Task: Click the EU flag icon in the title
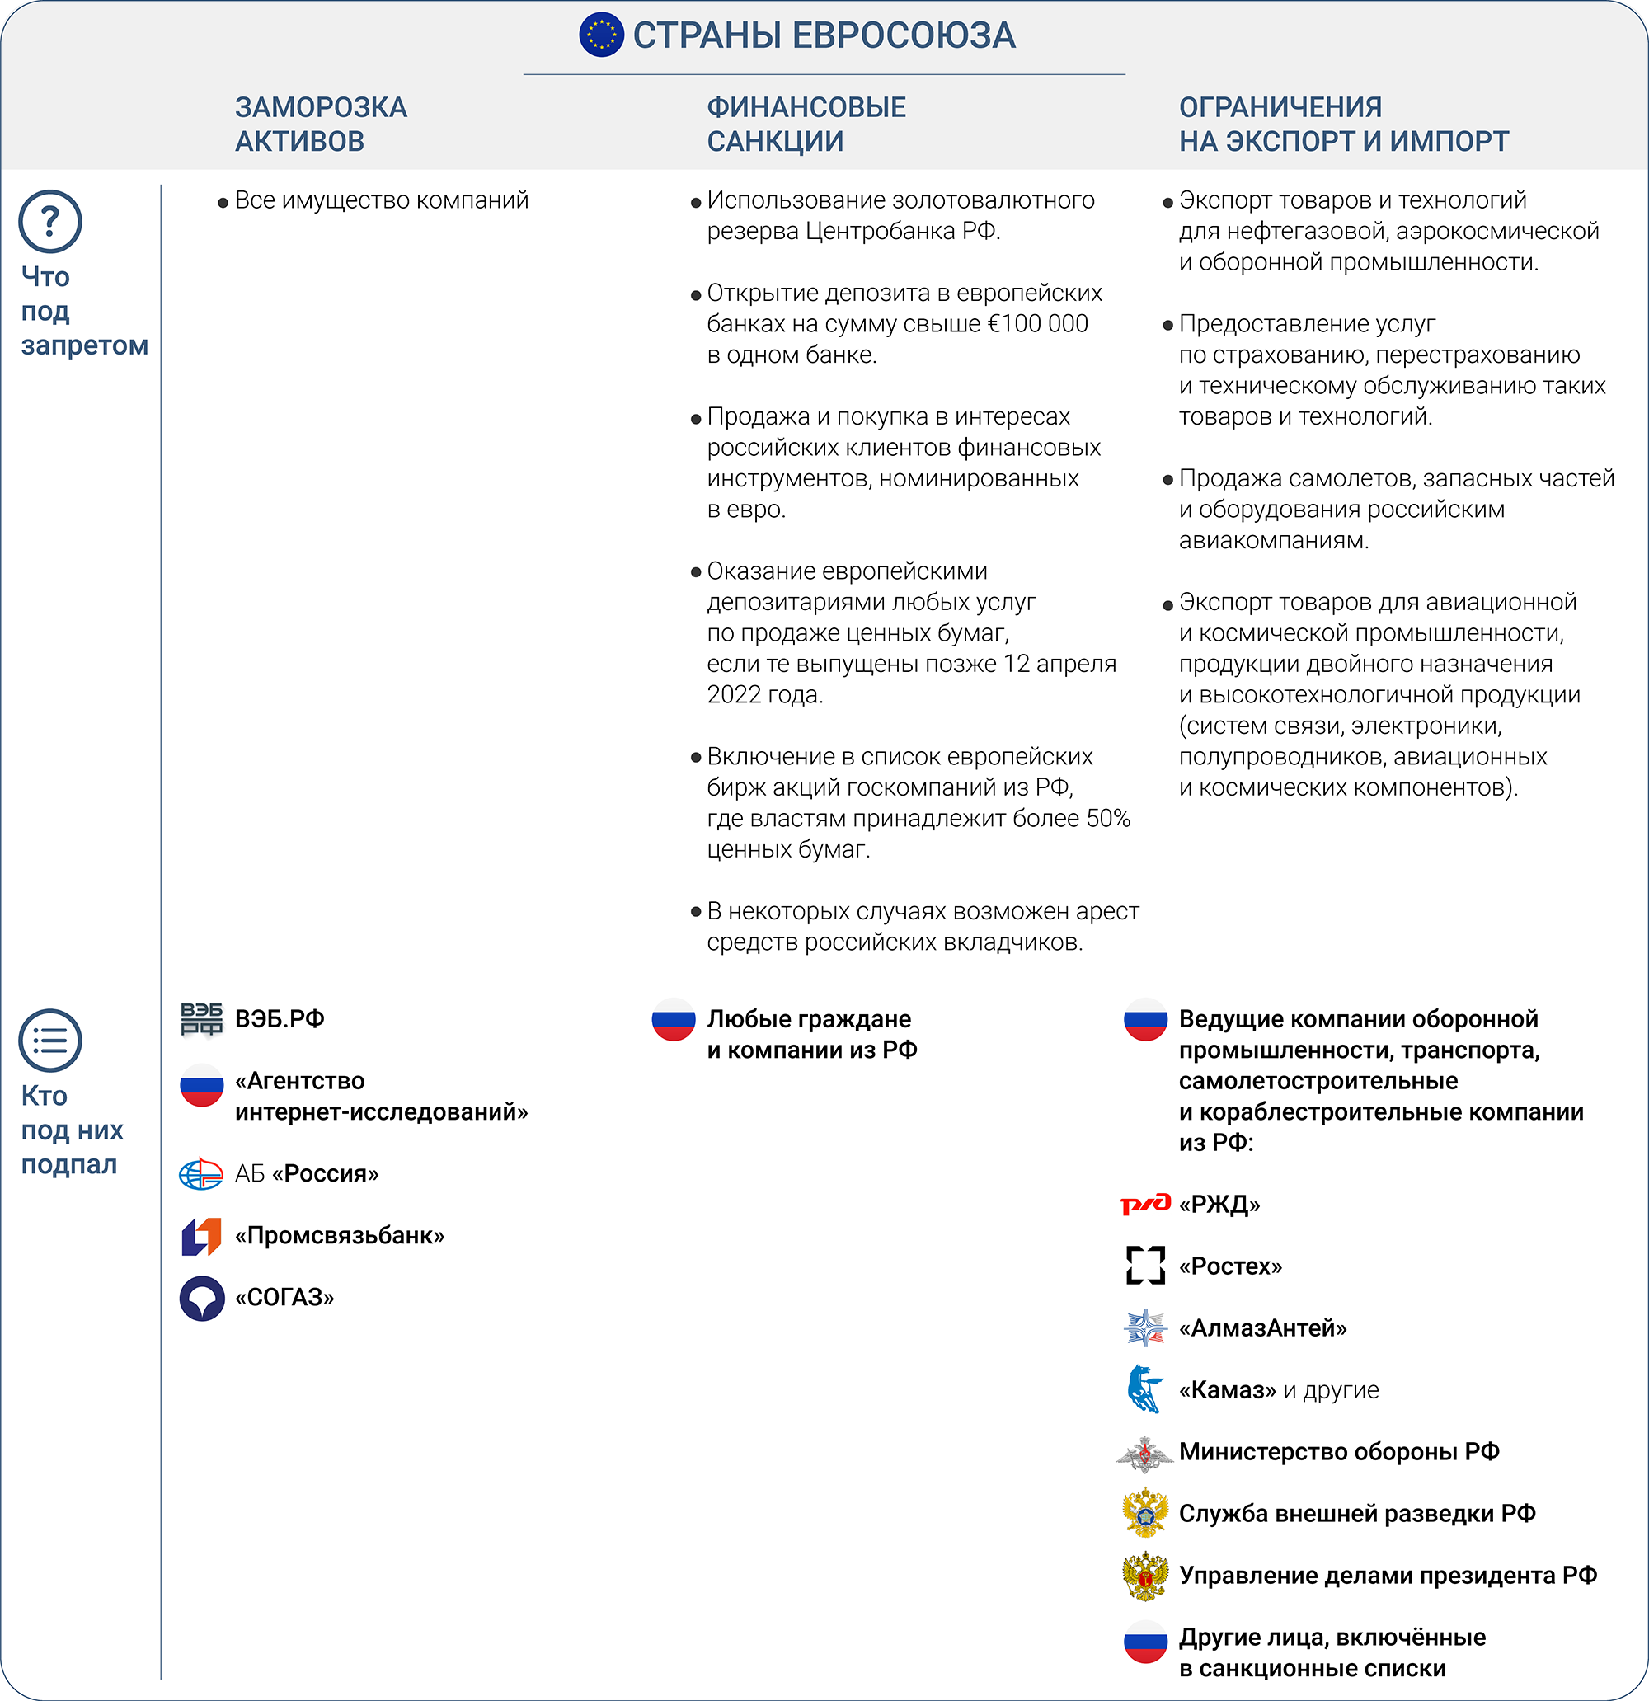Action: coord(601,35)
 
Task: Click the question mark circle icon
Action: coord(50,221)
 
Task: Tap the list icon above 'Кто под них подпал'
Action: coord(50,1040)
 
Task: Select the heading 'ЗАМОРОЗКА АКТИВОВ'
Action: coord(320,125)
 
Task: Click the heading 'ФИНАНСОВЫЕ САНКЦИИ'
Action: coord(806,125)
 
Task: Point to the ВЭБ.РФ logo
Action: coord(201,1019)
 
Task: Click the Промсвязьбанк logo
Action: coord(201,1236)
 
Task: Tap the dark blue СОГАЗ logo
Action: coord(201,1299)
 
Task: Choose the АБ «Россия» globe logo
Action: coord(201,1174)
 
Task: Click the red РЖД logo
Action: coord(1145,1205)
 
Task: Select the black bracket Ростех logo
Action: coord(1145,1266)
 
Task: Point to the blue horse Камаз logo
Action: coord(1144,1389)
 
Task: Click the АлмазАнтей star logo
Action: coord(1145,1327)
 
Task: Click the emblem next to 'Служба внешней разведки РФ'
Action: coord(1145,1514)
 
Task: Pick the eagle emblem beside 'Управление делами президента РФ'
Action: coord(1145,1576)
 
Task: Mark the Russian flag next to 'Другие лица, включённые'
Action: coord(1145,1641)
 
